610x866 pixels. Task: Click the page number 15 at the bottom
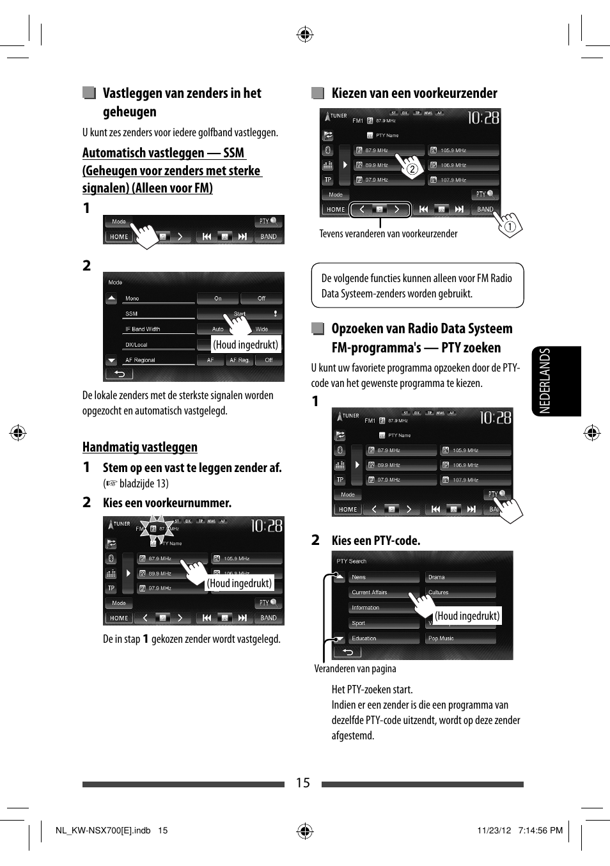[x=302, y=783]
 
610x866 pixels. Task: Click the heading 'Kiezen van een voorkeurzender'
[x=414, y=93]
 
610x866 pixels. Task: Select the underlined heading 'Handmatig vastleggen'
[x=139, y=447]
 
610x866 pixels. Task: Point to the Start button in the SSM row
[x=239, y=314]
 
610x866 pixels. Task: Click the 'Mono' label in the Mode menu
[x=132, y=299]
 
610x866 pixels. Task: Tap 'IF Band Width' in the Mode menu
[x=143, y=329]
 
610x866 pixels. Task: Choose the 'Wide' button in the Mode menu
[x=262, y=329]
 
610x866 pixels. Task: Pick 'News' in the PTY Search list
[x=359, y=577]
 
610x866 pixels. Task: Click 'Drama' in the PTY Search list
[x=437, y=577]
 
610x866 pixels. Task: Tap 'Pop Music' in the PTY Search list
[x=441, y=638]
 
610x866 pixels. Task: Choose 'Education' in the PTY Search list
[x=364, y=638]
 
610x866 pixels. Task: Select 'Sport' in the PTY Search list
[x=359, y=623]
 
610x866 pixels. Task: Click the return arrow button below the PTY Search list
[x=348, y=652]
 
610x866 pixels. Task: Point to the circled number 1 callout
[x=510, y=226]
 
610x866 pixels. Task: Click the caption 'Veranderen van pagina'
[x=355, y=669]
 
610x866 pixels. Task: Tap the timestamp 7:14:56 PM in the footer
[x=540, y=830]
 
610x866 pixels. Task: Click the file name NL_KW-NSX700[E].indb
[x=103, y=830]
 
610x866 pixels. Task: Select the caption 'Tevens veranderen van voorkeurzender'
[x=388, y=234]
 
